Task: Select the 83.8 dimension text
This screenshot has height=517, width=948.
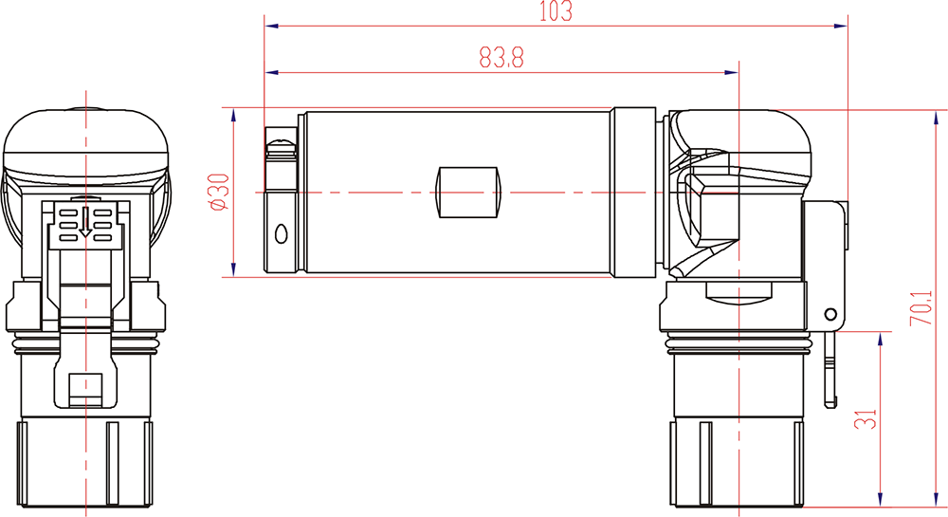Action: click(x=501, y=58)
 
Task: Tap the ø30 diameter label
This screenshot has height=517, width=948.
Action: click(x=218, y=193)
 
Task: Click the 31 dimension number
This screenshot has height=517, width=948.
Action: click(x=866, y=418)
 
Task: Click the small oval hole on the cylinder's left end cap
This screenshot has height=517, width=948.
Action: click(x=281, y=233)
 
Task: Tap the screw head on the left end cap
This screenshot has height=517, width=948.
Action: click(x=282, y=147)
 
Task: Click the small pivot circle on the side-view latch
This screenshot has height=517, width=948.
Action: click(x=830, y=313)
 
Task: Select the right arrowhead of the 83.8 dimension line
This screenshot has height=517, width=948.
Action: click(x=733, y=71)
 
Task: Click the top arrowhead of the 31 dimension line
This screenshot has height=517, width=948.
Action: click(x=882, y=338)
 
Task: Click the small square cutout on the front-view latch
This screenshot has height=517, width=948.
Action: click(x=86, y=385)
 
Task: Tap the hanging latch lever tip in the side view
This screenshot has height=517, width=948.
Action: click(x=832, y=394)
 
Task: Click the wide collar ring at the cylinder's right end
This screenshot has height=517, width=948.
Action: click(x=632, y=193)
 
